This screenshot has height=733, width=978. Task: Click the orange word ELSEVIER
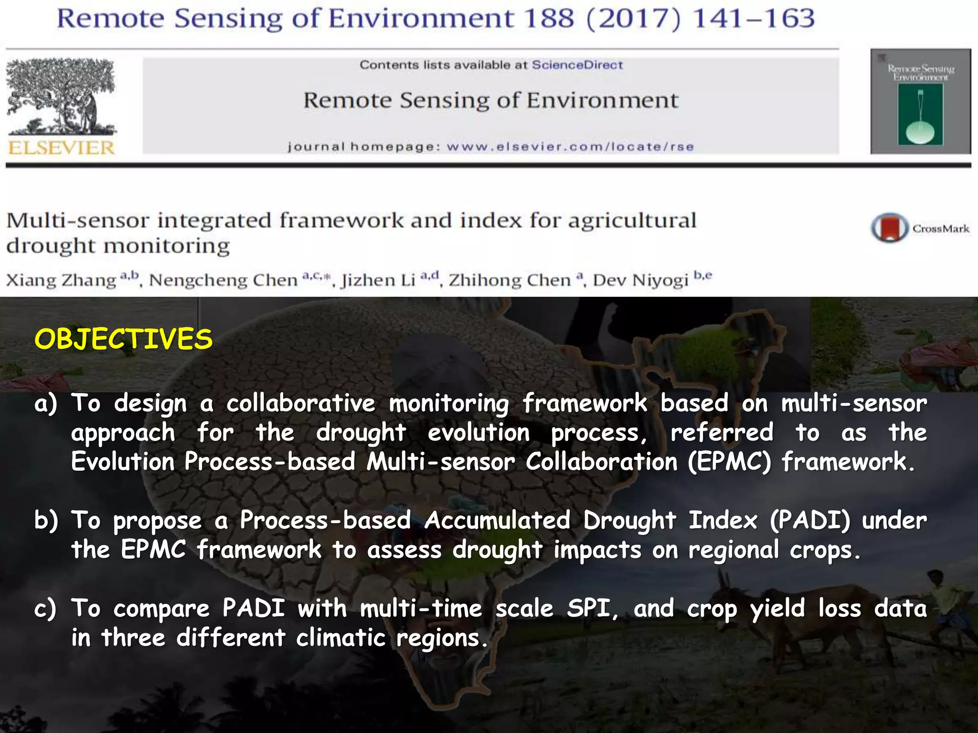[61, 147]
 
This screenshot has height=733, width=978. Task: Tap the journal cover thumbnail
[920, 101]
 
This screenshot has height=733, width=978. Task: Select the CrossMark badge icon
[889, 228]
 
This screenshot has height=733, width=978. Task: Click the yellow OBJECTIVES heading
[123, 339]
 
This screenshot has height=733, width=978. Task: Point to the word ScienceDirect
[577, 65]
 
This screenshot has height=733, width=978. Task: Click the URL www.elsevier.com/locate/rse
[570, 147]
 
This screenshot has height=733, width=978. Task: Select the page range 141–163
[754, 19]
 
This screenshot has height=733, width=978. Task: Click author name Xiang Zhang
[61, 280]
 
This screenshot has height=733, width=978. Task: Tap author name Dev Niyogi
[640, 280]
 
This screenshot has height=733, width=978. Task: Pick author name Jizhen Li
[378, 280]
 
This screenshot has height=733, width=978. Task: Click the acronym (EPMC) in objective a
[729, 462]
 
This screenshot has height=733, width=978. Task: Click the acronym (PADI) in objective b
[810, 520]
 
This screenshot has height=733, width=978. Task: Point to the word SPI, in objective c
[593, 609]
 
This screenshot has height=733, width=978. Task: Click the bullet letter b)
[46, 520]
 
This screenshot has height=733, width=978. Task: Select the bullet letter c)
[45, 609]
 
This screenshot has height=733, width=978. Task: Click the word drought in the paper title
[51, 246]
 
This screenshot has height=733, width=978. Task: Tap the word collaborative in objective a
[301, 403]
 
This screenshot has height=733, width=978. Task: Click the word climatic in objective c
[340, 638]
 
